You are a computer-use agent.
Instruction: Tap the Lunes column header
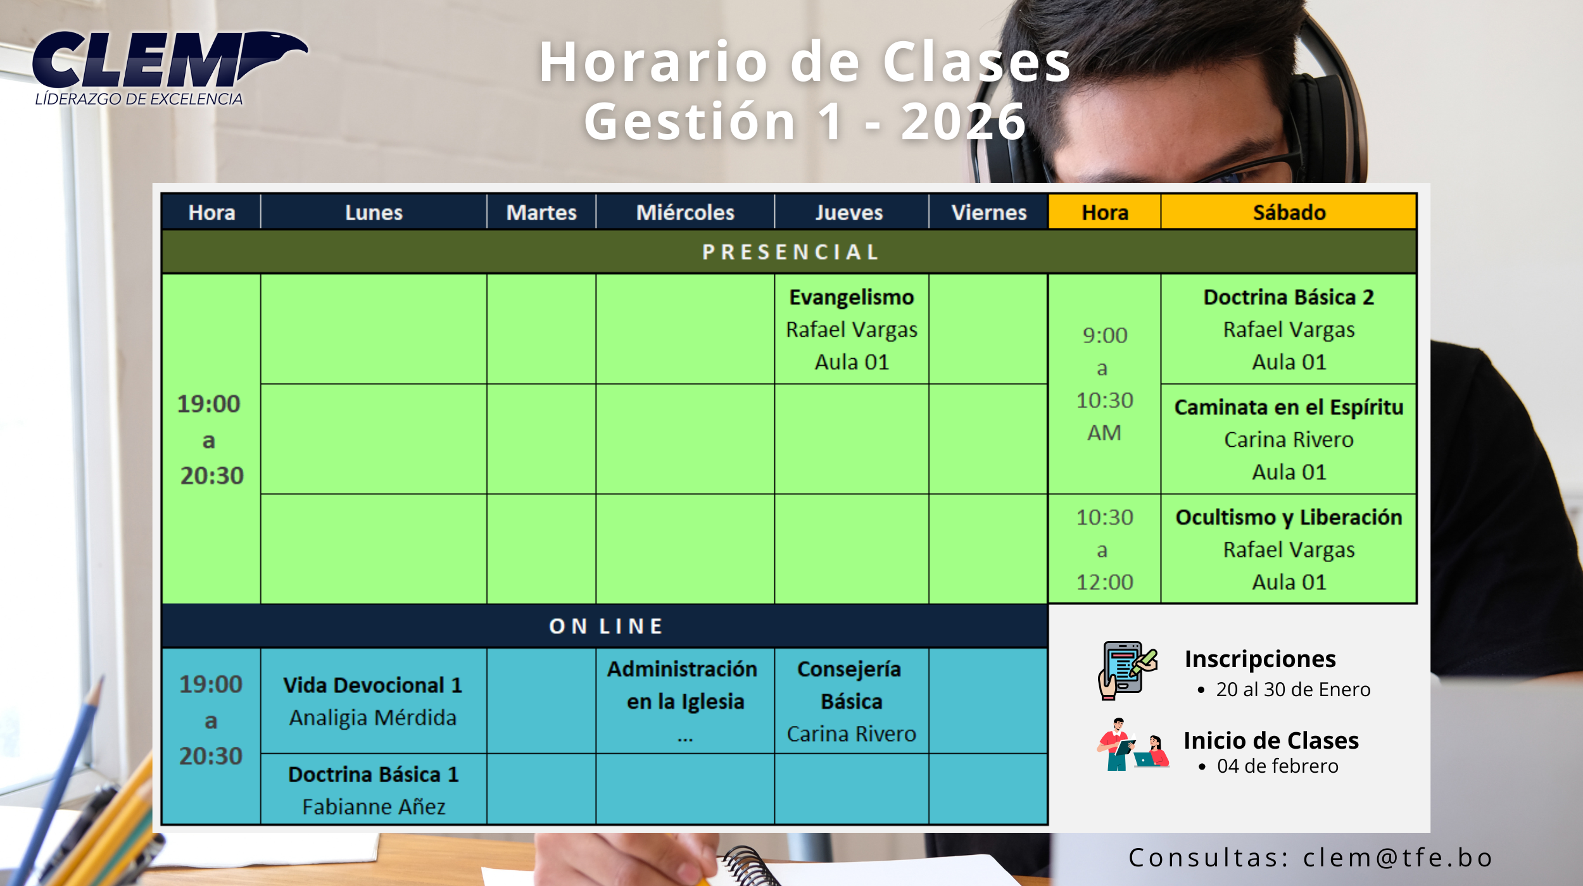[374, 212]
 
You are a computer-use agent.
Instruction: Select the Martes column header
[541, 212]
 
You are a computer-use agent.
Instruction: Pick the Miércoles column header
[685, 212]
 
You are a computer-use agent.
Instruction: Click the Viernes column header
[988, 212]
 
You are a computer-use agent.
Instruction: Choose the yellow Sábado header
[1289, 212]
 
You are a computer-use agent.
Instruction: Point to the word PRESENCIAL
[790, 252]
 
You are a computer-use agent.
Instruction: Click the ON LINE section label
[605, 626]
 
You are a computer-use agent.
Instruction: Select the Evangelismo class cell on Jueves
[852, 329]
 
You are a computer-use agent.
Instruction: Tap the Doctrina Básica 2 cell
[1289, 329]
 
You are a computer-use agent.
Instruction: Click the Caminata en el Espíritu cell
[1289, 439]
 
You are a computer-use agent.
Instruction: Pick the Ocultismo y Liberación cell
[1289, 549]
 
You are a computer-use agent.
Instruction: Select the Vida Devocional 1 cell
[374, 701]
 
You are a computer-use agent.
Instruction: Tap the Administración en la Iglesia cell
[685, 701]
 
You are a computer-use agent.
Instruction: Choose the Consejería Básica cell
[852, 701]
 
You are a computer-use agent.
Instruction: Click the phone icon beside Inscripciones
[1127, 670]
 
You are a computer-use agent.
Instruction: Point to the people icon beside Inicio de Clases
[1133, 745]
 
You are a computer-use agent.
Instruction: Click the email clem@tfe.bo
[1397, 858]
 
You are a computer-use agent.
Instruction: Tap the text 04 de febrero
[1277, 766]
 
